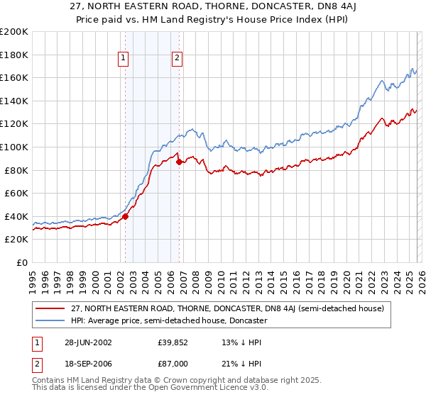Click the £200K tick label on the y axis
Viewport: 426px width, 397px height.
click(14, 32)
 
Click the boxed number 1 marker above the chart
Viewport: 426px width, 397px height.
click(124, 59)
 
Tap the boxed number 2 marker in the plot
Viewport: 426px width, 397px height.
click(177, 59)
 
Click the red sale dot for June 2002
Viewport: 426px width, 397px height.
click(126, 217)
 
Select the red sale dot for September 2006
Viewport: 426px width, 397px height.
click(179, 162)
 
